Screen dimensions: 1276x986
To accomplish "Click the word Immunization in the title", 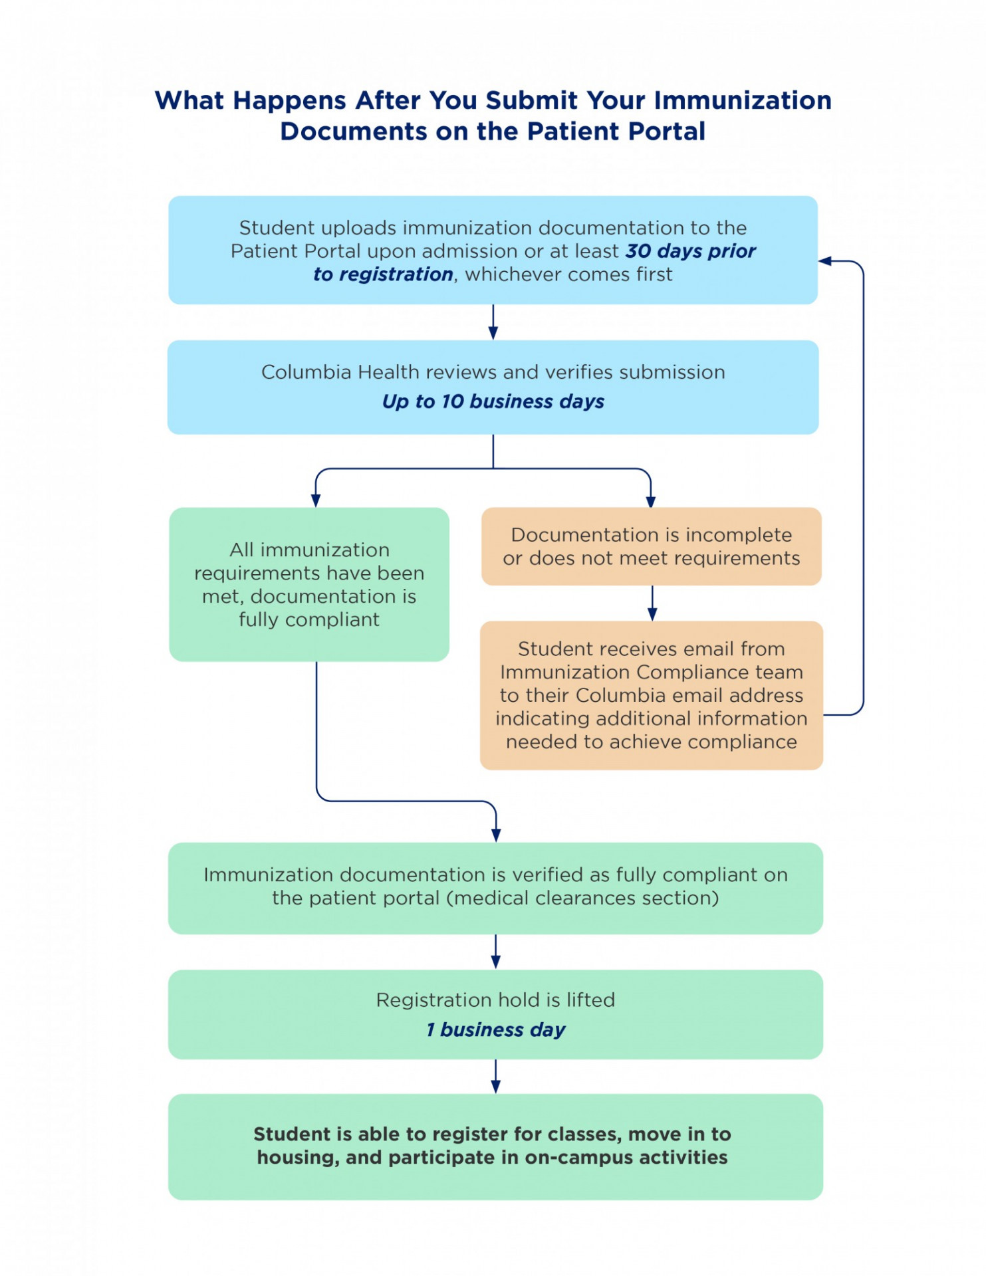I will pos(743,100).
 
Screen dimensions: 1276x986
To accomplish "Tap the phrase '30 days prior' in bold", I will pos(690,251).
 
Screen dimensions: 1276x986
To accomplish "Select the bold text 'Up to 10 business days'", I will pos(493,401).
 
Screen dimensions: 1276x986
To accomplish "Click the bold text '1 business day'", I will pos(495,1029).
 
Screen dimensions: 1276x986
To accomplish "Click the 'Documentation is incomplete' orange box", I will pos(651,546).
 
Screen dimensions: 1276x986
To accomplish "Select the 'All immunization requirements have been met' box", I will pos(309,584).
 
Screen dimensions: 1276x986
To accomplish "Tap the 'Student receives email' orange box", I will pos(651,695).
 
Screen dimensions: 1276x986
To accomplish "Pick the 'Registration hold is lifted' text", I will pos(495,1000).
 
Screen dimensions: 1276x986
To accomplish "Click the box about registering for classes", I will pos(495,1146).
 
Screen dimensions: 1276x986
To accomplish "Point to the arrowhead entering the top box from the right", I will pos(826,261).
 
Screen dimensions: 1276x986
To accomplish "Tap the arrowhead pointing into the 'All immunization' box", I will pos(316,500).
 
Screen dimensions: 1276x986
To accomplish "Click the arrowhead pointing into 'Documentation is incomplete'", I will pos(650,500).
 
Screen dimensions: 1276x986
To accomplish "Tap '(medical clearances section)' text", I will pos(582,898).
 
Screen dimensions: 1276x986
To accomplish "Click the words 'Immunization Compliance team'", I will pos(651,672).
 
